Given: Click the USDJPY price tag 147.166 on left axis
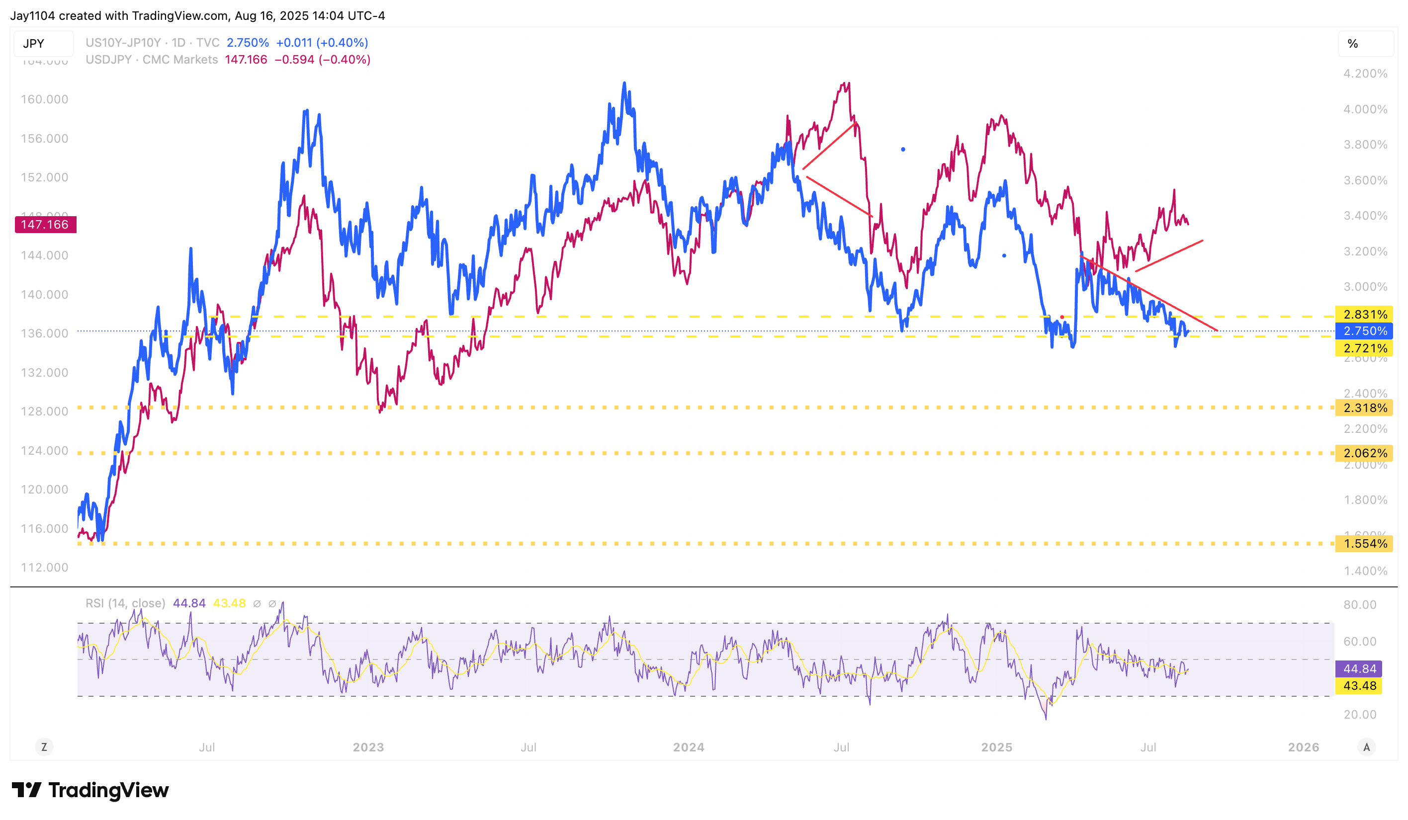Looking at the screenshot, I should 45,225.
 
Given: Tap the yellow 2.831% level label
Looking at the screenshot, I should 1364,315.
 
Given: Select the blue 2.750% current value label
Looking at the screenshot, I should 1364,331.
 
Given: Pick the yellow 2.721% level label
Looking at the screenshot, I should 1364,348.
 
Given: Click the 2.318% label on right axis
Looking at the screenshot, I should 1364,408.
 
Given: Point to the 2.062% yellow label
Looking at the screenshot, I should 1364,453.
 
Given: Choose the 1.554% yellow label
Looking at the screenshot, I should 1364,544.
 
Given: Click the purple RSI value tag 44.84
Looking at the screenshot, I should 1358,668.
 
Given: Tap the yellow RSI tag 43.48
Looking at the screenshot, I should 1358,685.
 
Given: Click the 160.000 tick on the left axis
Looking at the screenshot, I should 44,99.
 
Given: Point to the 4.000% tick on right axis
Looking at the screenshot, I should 1364,109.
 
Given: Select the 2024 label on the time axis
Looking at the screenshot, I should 689,747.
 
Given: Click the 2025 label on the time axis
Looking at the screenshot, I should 996,747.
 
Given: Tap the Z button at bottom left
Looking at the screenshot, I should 44,747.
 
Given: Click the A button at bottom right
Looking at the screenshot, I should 1366,747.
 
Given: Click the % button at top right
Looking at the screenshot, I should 1353,44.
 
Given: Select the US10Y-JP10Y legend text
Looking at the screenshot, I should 123,43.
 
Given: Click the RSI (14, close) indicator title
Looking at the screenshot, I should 125,603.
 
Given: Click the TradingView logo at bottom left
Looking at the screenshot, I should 90,790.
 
